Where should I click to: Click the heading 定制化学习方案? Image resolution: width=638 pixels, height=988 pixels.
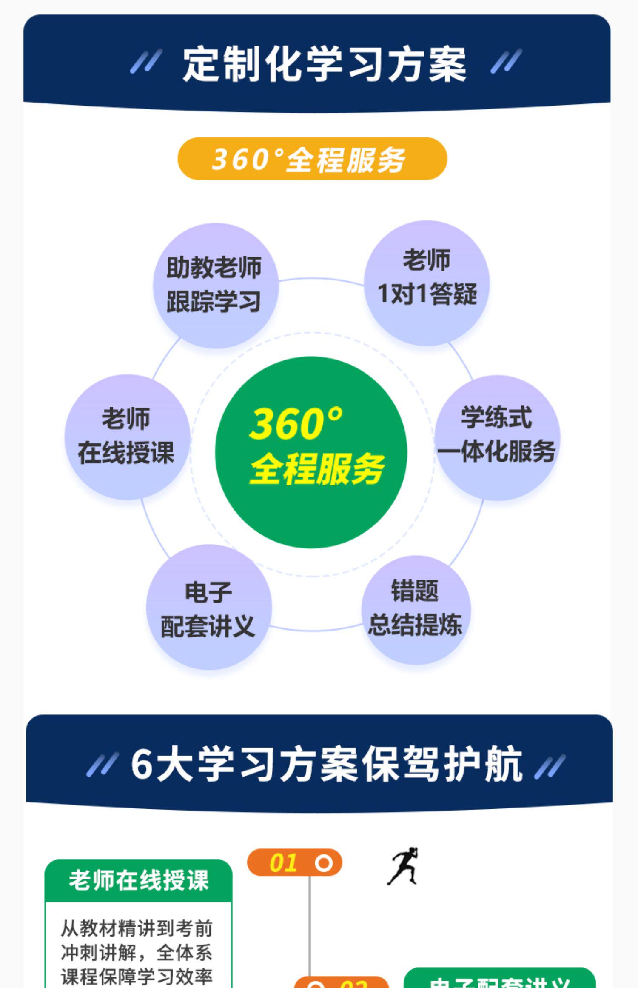point(324,64)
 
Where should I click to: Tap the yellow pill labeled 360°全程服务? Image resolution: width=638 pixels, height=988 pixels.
point(312,159)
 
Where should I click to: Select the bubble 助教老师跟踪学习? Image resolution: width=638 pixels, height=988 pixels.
point(215,285)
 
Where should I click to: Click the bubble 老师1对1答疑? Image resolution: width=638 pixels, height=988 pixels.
point(427,283)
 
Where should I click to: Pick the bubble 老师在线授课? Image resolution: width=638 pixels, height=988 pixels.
point(127,437)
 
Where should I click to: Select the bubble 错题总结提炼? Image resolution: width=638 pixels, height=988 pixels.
point(416,609)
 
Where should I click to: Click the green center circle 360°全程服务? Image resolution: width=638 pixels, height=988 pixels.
point(311,452)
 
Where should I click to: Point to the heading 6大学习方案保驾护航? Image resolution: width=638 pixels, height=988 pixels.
point(326,764)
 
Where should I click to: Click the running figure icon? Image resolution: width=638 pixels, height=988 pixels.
point(403,866)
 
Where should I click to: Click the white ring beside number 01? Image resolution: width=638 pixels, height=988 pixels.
point(324,863)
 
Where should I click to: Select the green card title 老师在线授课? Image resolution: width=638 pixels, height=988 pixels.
point(139,880)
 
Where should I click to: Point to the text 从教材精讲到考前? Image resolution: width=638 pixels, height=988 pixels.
point(137,929)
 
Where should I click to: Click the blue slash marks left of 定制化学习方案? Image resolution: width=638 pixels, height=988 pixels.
point(146,61)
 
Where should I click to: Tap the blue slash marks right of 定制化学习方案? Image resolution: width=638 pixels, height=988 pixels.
point(506,61)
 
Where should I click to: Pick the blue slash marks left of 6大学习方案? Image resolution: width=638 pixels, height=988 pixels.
point(102,765)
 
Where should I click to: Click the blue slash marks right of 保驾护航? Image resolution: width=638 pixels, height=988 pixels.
point(550,766)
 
